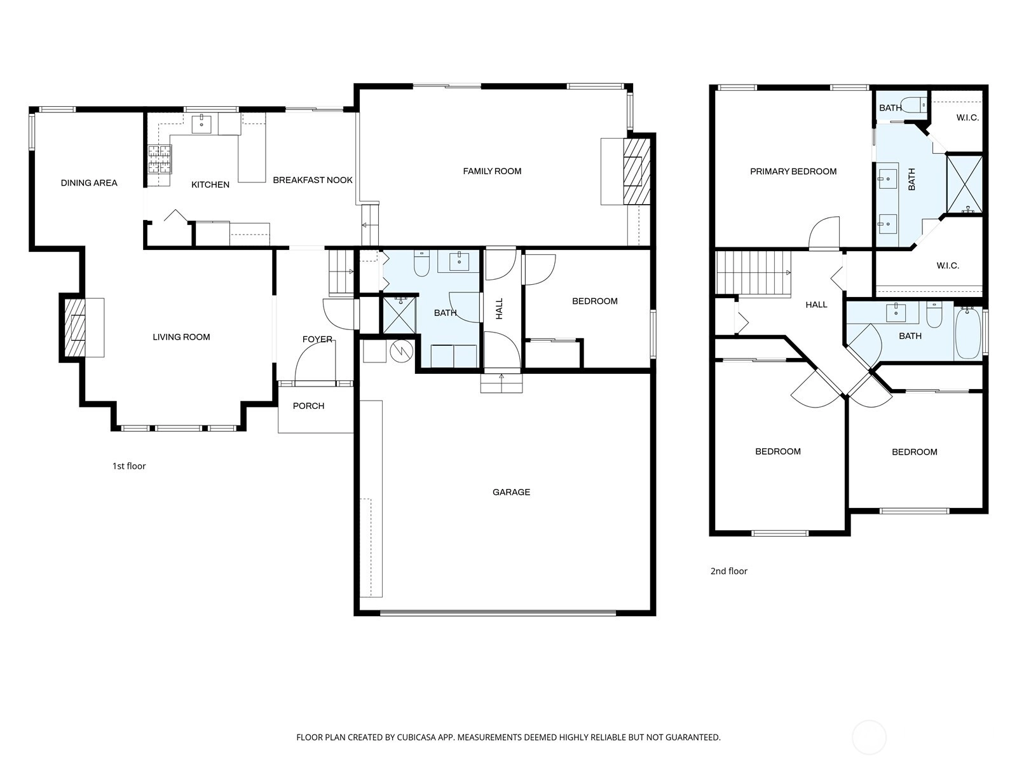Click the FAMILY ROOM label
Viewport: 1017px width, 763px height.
(x=492, y=172)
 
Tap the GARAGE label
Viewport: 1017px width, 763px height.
(x=511, y=492)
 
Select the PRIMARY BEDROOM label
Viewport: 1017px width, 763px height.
(x=793, y=172)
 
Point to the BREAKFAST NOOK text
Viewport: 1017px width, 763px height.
(x=313, y=180)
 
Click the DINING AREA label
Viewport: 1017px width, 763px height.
(x=89, y=183)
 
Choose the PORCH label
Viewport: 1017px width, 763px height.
(x=308, y=406)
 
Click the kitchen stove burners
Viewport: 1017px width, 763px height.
(x=160, y=160)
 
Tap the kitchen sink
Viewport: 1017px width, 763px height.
(x=201, y=124)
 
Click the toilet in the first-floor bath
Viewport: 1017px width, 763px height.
(x=421, y=263)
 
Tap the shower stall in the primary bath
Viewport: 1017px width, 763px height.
(x=964, y=184)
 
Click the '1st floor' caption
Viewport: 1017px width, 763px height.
(x=129, y=466)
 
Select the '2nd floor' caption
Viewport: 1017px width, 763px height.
(x=729, y=571)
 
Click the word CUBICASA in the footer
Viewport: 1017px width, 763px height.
(x=416, y=738)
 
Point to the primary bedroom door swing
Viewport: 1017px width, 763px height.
(x=824, y=233)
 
